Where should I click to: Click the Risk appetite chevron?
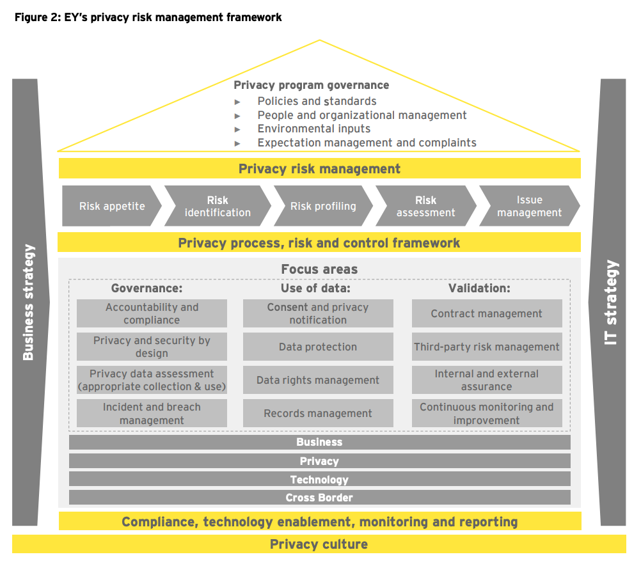111,206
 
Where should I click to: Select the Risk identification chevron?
218,206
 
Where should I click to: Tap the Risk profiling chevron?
322,206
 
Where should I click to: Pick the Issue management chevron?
529,206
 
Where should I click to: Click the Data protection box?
318,347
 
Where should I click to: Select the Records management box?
318,414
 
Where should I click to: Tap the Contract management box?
486,314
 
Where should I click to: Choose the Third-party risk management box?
486,347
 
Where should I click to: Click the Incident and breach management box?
152,414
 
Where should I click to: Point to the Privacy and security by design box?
152,347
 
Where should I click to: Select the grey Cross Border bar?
319,498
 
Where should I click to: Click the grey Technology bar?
319,480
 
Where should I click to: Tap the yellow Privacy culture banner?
319,544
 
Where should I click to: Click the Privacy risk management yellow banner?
319,169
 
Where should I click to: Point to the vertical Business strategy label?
28,302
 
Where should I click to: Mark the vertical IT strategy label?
612,302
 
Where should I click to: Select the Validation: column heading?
479,288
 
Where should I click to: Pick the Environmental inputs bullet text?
313,129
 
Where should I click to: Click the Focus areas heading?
319,269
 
